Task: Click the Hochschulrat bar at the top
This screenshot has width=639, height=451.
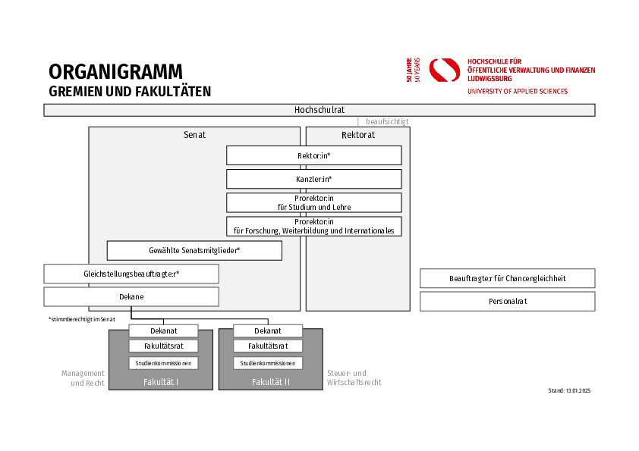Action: [319, 110]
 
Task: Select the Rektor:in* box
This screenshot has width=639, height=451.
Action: [313, 155]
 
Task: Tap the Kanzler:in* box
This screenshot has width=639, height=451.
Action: [313, 179]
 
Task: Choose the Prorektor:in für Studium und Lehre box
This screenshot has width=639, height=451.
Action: [313, 202]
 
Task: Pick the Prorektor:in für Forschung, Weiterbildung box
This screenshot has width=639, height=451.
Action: [313, 226]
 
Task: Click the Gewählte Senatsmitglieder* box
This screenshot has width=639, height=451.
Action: [194, 250]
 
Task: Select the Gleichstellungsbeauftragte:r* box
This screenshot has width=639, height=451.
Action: [131, 274]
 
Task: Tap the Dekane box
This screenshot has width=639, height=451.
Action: [131, 296]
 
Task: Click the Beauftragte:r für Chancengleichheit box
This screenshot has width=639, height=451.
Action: [507, 278]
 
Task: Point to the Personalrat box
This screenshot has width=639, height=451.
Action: [507, 301]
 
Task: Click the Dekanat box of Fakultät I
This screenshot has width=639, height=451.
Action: [163, 330]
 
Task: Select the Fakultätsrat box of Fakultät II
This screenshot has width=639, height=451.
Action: [268, 346]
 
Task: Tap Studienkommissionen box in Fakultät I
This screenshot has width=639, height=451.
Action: [163, 363]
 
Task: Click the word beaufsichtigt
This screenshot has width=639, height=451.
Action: [387, 121]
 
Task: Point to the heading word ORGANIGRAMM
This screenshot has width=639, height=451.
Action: [115, 72]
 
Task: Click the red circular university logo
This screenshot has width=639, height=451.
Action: [445, 70]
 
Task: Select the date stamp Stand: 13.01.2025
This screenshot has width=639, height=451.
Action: [568, 390]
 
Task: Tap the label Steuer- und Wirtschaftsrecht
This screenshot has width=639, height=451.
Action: [354, 377]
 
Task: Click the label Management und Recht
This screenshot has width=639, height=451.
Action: [83, 377]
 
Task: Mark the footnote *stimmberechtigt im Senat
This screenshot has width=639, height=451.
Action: [81, 319]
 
